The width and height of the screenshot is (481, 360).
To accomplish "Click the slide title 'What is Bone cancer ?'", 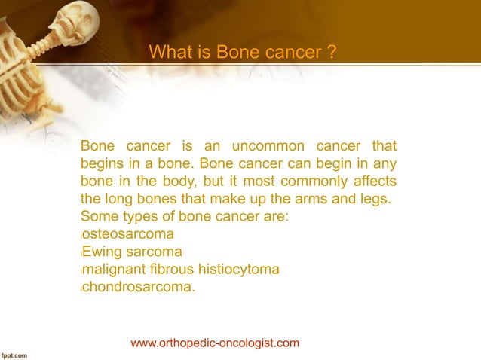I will click(x=242, y=53).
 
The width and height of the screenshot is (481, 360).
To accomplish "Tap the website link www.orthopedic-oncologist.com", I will click(x=215, y=343).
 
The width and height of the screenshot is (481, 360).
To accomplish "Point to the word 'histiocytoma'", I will click(x=239, y=269).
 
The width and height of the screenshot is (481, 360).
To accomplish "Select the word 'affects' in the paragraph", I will click(x=373, y=182).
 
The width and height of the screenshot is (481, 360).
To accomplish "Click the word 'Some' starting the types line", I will click(x=97, y=217).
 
